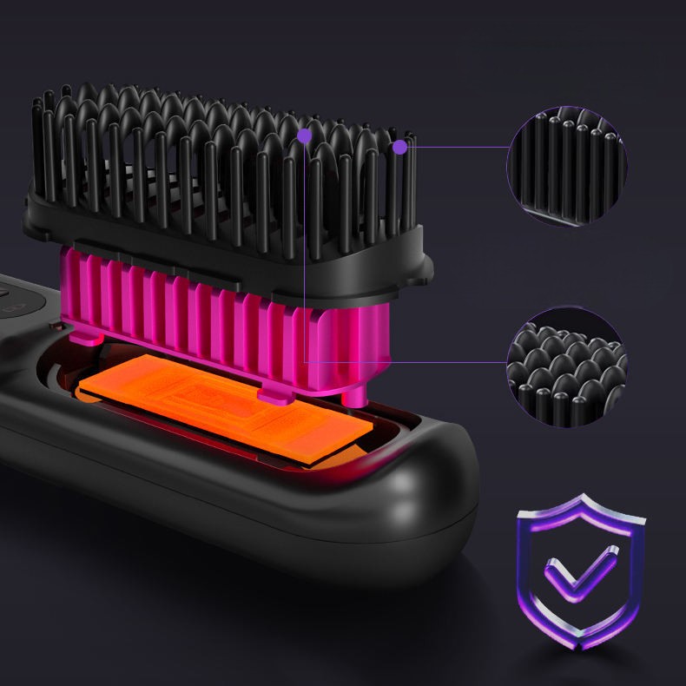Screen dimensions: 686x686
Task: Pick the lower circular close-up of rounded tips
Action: pyautogui.click(x=567, y=366)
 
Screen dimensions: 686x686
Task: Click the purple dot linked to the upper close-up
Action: pyautogui.click(x=399, y=148)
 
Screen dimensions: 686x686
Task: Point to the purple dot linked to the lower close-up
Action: pyautogui.click(x=305, y=135)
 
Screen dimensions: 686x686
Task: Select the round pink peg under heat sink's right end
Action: pyautogui.click(x=355, y=395)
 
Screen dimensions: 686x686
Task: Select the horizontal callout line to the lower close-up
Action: pyautogui.click(x=408, y=362)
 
